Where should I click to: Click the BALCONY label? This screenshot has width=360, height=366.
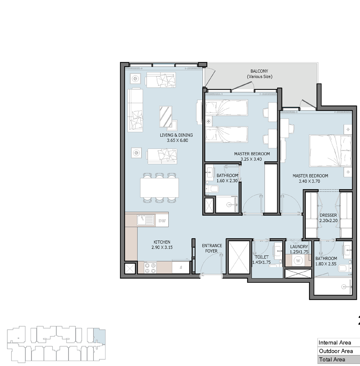click(x=259, y=71)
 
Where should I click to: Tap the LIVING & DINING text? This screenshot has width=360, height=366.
click(x=176, y=135)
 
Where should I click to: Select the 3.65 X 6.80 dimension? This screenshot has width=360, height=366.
click(x=177, y=141)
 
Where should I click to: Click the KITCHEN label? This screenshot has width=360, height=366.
click(x=162, y=242)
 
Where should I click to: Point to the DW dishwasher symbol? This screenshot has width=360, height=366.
click(x=162, y=221)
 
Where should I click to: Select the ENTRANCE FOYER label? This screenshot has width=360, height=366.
click(x=212, y=248)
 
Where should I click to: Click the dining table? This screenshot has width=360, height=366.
click(x=160, y=188)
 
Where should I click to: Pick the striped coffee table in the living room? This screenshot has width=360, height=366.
click(x=166, y=117)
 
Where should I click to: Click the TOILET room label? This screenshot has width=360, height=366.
click(x=262, y=257)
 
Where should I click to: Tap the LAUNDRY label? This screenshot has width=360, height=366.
click(x=299, y=247)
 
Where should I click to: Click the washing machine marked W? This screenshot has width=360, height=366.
click(x=298, y=261)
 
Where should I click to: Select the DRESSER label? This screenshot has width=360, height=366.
click(x=328, y=215)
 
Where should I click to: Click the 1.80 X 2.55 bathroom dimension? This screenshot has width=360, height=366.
click(x=326, y=264)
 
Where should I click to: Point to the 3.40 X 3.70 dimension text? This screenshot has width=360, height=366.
click(x=309, y=181)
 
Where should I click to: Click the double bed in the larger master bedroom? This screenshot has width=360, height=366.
click(x=330, y=151)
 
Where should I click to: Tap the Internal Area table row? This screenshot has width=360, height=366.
click(x=339, y=343)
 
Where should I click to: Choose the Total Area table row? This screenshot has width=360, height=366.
click(x=339, y=359)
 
